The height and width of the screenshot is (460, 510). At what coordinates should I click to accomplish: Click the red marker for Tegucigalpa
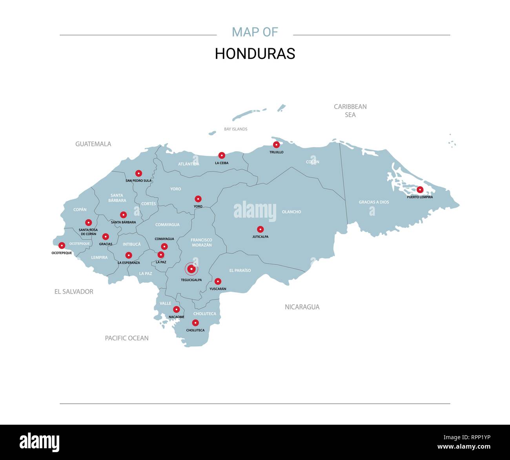[191, 269]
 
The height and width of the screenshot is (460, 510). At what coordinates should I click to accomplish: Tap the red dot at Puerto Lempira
[420, 189]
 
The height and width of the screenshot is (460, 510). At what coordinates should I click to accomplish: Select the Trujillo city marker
[276, 144]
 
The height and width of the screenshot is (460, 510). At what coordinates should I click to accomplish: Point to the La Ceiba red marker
[222, 155]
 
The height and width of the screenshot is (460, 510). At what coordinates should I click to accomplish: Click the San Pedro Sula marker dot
[138, 173]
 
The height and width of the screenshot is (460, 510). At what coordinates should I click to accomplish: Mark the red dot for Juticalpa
[260, 229]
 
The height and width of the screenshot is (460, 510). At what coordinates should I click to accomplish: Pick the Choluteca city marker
[195, 323]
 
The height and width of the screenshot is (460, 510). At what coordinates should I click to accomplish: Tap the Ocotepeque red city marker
[62, 245]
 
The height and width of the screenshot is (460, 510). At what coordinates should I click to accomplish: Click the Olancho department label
[291, 212]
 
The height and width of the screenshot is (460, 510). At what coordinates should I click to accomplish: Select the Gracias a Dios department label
[374, 202]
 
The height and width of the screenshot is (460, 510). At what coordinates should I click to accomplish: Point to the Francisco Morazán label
[201, 242]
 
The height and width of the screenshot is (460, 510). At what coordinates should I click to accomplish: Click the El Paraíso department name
[240, 271]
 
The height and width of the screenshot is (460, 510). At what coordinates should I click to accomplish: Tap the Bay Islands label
[235, 129]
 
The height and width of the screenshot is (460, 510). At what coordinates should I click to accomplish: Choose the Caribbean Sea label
[350, 111]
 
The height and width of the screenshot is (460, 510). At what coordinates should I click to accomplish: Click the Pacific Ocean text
[127, 338]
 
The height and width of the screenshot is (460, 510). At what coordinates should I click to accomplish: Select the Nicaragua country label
[302, 307]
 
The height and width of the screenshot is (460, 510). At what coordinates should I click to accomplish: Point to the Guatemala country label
[93, 144]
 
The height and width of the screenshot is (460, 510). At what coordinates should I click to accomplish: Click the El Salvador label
[74, 292]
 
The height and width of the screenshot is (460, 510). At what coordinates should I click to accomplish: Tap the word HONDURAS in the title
[255, 54]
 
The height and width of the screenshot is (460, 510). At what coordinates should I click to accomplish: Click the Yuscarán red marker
[218, 281]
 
